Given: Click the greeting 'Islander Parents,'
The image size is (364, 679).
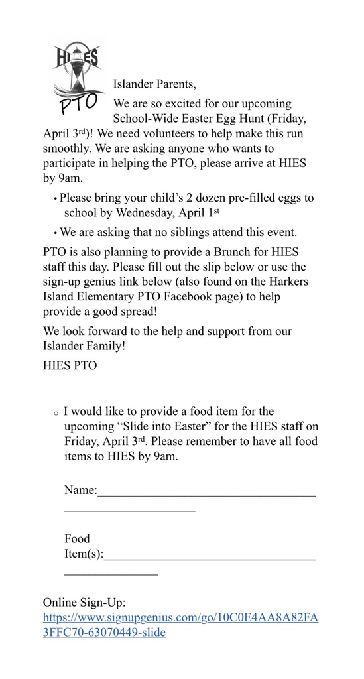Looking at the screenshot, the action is (155, 84).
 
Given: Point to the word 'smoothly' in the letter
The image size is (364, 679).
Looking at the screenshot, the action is (67, 148).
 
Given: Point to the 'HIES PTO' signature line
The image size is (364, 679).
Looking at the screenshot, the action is (70, 365).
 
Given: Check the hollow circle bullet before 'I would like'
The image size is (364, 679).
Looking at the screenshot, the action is (56, 414).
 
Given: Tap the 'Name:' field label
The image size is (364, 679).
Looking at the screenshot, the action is (80, 491).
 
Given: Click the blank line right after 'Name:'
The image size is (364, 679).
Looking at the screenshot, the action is (206, 493).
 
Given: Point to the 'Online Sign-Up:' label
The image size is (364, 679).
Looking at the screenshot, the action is (84, 603).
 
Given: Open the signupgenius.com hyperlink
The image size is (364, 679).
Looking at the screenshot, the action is (180, 617).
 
